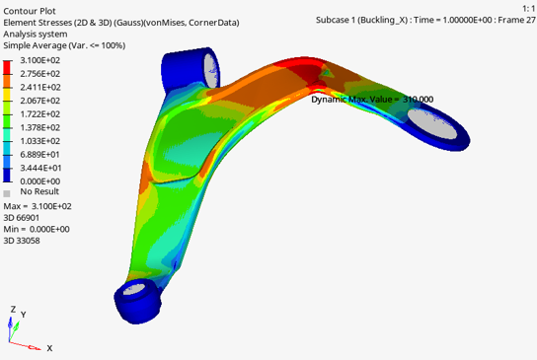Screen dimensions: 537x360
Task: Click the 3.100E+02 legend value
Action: pyautogui.click(x=40, y=60)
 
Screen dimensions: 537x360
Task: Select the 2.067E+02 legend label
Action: pyautogui.click(x=40, y=101)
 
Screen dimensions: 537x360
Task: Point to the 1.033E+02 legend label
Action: pyautogui.click(x=40, y=141)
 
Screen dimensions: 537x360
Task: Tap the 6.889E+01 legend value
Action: pyautogui.click(x=40, y=154)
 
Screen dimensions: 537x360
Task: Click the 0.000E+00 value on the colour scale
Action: pyautogui.click(x=40, y=181)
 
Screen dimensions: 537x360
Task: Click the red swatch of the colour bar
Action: pyautogui.click(x=7, y=67)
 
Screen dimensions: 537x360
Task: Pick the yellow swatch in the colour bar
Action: pyautogui.click(x=7, y=94)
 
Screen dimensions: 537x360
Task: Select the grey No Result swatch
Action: pyautogui.click(x=7, y=193)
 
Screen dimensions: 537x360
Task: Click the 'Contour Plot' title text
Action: pyautogui.click(x=30, y=11)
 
